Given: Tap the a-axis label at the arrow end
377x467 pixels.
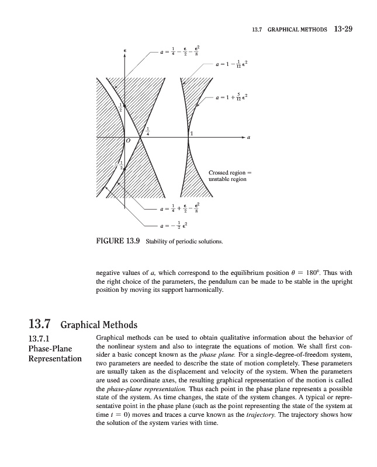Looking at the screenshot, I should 249,138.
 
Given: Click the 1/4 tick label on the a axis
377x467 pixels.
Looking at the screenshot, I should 148,131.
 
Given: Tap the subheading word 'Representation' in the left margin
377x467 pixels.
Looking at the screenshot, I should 55,358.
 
